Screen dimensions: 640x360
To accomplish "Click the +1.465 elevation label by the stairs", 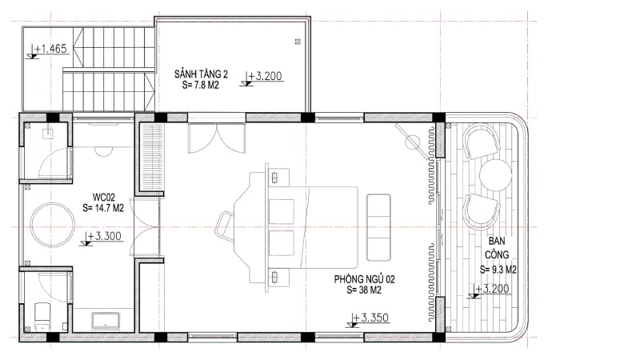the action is pyautogui.click(x=50, y=49).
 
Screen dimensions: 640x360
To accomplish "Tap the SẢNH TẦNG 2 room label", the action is pyautogui.click(x=201, y=74).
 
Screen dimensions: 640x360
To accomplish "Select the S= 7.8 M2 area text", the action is pyautogui.click(x=201, y=85).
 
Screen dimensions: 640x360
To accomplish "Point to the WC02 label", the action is pyautogui.click(x=104, y=197).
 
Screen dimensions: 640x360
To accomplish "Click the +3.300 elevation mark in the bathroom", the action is pyautogui.click(x=105, y=236).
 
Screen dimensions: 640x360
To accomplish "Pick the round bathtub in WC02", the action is pyautogui.click(x=53, y=225).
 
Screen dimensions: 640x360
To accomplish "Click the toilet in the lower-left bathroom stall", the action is pyautogui.click(x=42, y=316).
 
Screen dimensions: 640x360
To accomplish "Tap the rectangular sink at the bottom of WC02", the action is pyautogui.click(x=106, y=321).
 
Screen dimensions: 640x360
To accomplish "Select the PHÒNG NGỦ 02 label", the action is pyautogui.click(x=365, y=279).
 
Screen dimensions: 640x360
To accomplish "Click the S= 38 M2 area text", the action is pyautogui.click(x=364, y=290).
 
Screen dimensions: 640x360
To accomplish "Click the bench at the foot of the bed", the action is pyautogui.click(x=378, y=227).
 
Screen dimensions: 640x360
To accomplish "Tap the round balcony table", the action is pyautogui.click(x=495, y=175).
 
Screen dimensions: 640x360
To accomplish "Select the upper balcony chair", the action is pyautogui.click(x=482, y=142).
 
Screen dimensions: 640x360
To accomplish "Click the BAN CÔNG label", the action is pyautogui.click(x=497, y=248).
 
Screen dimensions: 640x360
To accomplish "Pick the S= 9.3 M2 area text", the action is pyautogui.click(x=498, y=270).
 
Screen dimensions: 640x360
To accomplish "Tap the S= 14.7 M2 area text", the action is pyautogui.click(x=103, y=208).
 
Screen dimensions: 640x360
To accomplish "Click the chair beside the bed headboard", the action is pyautogui.click(x=225, y=227).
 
